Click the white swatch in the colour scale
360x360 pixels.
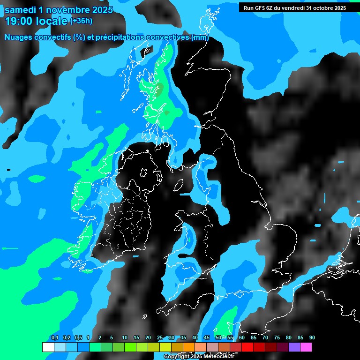(48, 347)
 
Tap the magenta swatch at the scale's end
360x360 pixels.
(306, 347)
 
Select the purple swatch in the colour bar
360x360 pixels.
(294, 347)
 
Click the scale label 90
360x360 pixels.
(312, 338)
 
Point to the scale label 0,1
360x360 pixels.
(55, 338)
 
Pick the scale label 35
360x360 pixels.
(183, 338)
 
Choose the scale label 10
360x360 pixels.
(125, 338)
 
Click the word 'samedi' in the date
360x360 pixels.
(21, 9)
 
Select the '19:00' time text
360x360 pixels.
(19, 21)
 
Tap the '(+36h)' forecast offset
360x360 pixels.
(81, 21)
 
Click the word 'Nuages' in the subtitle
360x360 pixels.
(18, 37)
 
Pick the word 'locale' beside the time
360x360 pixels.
(52, 21)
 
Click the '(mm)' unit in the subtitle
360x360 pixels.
(200, 37)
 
